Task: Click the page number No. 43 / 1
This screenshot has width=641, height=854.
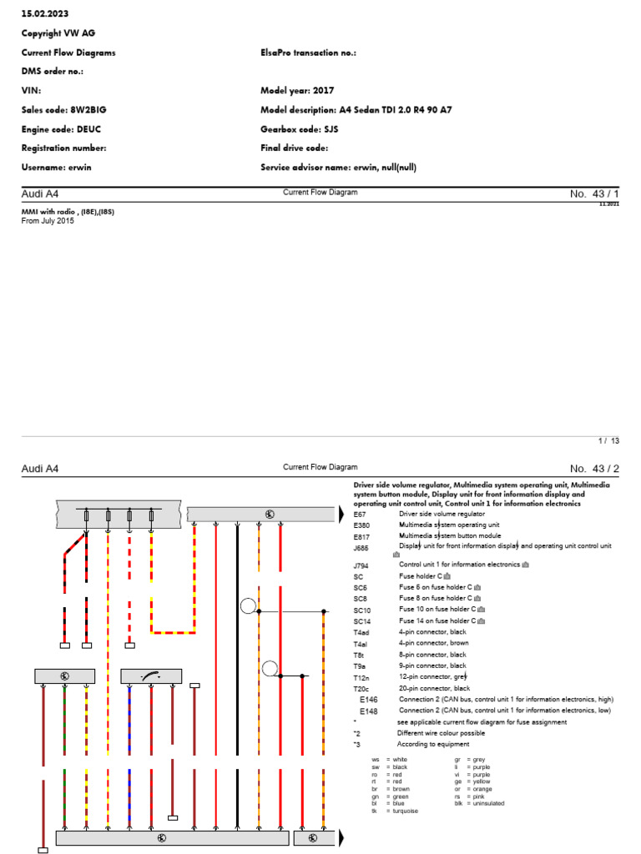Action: click(x=595, y=193)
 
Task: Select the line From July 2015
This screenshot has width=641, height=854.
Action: click(x=48, y=221)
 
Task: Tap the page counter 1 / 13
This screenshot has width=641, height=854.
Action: click(x=608, y=440)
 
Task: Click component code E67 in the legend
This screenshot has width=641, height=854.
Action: click(x=359, y=515)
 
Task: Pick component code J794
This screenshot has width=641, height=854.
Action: click(x=361, y=565)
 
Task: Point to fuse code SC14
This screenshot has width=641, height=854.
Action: click(x=362, y=621)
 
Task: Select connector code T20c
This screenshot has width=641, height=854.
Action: click(x=361, y=689)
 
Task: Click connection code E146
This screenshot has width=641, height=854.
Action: click(x=368, y=700)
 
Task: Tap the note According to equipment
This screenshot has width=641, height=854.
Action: click(x=433, y=744)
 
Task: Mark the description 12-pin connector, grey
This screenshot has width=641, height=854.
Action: click(x=433, y=677)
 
